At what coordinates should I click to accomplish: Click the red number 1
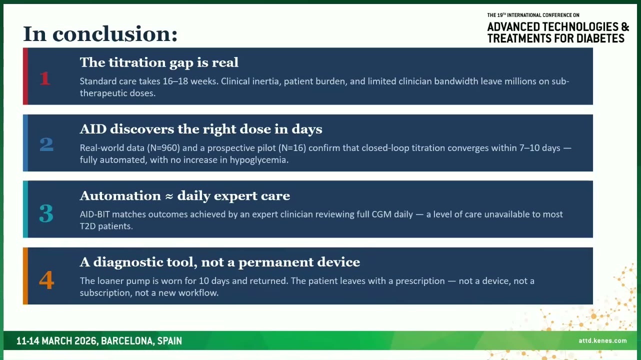(45, 78)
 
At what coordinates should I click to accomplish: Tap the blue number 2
(46, 144)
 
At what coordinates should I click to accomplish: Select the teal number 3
(46, 213)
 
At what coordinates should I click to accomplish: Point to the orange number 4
(46, 280)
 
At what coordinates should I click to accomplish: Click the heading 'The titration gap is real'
(159, 62)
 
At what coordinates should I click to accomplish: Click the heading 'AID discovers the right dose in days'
(201, 129)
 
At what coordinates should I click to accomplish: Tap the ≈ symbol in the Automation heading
(169, 196)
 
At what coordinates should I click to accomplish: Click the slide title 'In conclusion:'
(100, 34)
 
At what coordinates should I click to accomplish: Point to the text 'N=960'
(163, 148)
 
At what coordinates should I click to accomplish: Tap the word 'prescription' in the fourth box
(420, 281)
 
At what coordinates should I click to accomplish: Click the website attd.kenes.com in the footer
(602, 340)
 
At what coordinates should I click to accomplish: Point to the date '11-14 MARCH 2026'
(56, 341)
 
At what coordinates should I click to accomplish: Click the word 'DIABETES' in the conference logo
(600, 38)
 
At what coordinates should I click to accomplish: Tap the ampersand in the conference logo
(625, 27)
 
